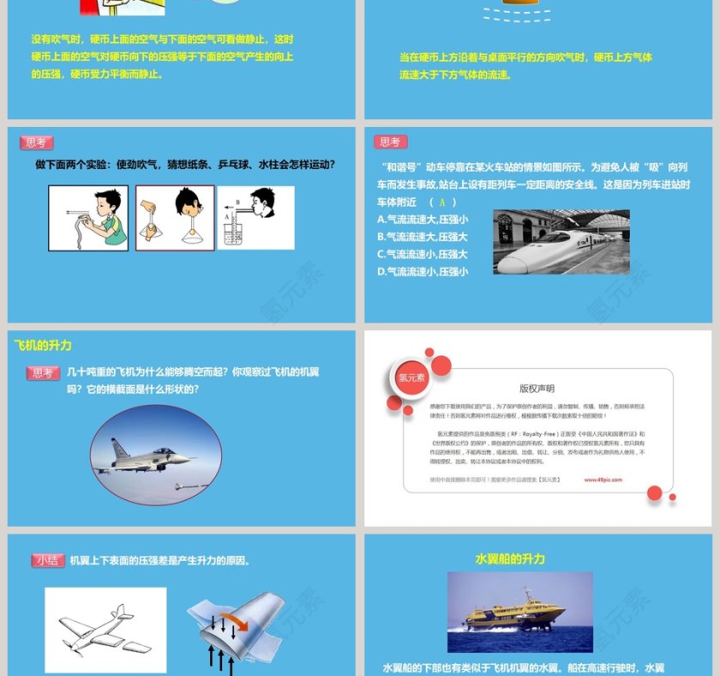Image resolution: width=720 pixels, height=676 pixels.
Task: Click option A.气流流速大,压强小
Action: (422, 220)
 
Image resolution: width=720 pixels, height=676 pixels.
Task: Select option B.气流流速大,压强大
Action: (422, 237)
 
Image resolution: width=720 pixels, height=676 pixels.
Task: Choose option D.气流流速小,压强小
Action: (422, 272)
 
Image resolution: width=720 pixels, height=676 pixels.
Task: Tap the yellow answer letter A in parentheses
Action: (442, 202)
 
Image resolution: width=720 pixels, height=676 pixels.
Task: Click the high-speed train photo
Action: (561, 242)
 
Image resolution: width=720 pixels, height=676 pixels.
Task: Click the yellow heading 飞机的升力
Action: (43, 346)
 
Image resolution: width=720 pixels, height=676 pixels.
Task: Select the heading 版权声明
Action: (537, 388)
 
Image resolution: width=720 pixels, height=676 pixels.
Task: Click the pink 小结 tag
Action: (47, 560)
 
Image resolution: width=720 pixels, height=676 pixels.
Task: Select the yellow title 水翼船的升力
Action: (510, 558)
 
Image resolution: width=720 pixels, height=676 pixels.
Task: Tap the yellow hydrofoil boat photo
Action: (519, 613)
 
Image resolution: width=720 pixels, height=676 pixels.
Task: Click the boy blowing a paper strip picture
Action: (88, 218)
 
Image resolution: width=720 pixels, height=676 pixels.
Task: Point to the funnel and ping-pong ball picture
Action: (176, 218)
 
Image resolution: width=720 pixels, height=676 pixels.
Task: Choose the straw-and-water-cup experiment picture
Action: (255, 218)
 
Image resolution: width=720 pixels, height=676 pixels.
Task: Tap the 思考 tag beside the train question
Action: (390, 142)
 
